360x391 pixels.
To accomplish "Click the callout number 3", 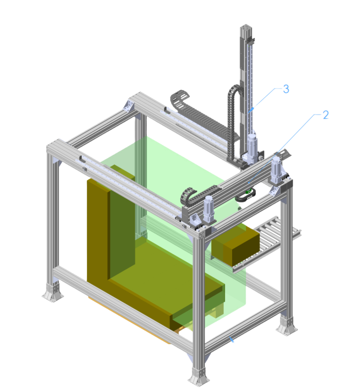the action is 286,89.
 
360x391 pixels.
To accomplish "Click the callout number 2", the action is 325,115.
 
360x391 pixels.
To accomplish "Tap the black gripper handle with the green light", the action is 245,195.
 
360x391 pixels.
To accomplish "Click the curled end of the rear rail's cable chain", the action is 180,98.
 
